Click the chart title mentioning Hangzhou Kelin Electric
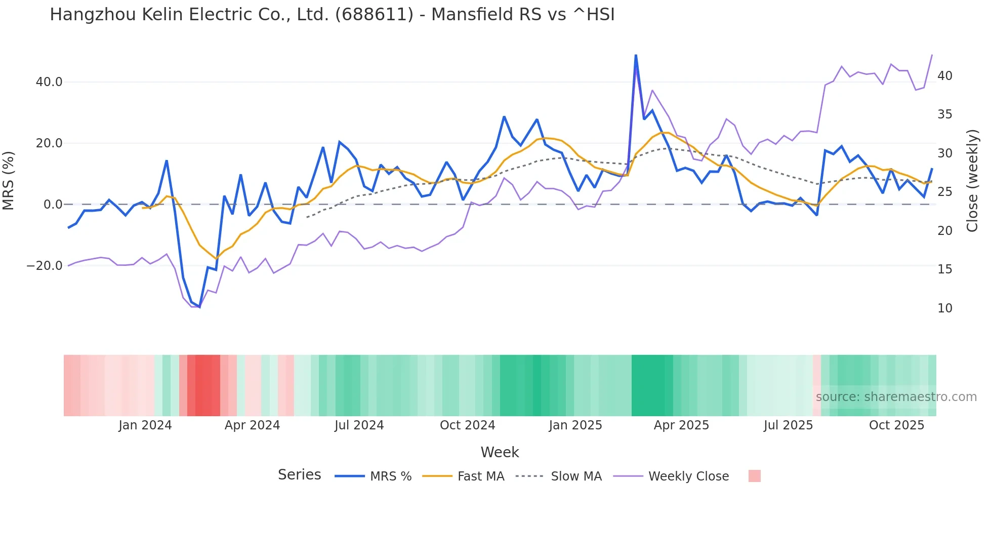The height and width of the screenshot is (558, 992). click(332, 14)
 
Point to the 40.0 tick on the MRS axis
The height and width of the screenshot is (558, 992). click(49, 82)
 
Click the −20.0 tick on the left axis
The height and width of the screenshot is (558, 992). click(45, 266)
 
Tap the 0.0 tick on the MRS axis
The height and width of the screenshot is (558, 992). click(53, 205)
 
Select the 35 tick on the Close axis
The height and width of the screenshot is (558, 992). click(944, 114)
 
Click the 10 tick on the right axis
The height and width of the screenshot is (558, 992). click(944, 308)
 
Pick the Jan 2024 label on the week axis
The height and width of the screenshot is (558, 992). click(145, 425)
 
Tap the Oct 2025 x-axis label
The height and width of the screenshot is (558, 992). click(896, 425)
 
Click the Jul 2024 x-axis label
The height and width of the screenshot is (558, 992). click(359, 425)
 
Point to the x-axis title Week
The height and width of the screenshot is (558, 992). click(500, 452)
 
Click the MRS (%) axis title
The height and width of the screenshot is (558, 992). click(8, 180)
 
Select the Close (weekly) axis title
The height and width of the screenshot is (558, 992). click(972, 180)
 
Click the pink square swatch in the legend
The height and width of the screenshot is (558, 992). click(754, 476)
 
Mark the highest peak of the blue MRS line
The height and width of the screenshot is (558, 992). click(636, 55)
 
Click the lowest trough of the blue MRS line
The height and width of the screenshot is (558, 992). click(199, 307)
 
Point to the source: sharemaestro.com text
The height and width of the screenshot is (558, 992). click(896, 397)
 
